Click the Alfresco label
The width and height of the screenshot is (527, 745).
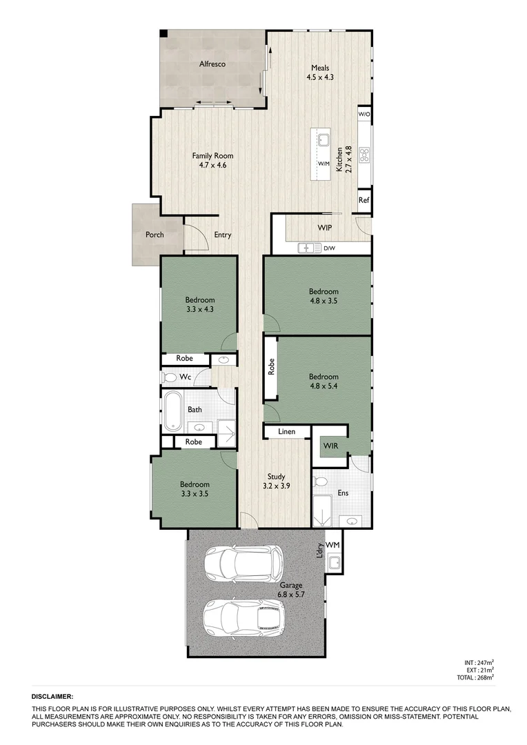coord(212,64)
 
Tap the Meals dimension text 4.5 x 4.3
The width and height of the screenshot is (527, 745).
coord(320,77)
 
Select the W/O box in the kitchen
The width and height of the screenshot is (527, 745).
coord(364,114)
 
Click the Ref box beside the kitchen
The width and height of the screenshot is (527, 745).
coord(364,201)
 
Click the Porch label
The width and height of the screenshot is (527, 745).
coord(155,235)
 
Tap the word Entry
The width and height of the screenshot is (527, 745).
coord(222,235)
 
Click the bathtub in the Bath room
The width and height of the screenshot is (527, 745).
coord(172,411)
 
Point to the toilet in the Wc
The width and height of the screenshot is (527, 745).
coord(168,377)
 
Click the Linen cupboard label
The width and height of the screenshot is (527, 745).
coord(287,432)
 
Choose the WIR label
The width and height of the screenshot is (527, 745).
coord(330,446)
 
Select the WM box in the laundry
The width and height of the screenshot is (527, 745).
coord(333,544)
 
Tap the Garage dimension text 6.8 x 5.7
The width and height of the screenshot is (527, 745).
coord(291,594)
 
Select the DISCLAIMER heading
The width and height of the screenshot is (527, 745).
coord(52,697)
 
